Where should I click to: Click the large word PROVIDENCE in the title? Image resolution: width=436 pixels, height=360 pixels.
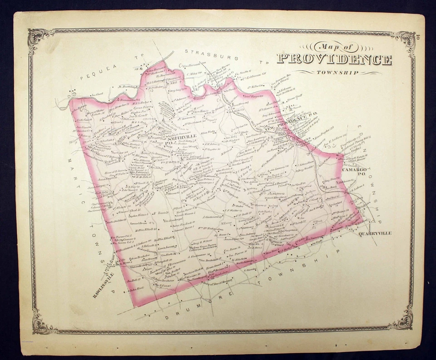pos(334,59)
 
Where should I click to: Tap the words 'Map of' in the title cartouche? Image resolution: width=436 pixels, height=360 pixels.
pos(332,47)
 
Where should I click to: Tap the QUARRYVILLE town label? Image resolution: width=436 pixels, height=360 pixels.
pos(374,233)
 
